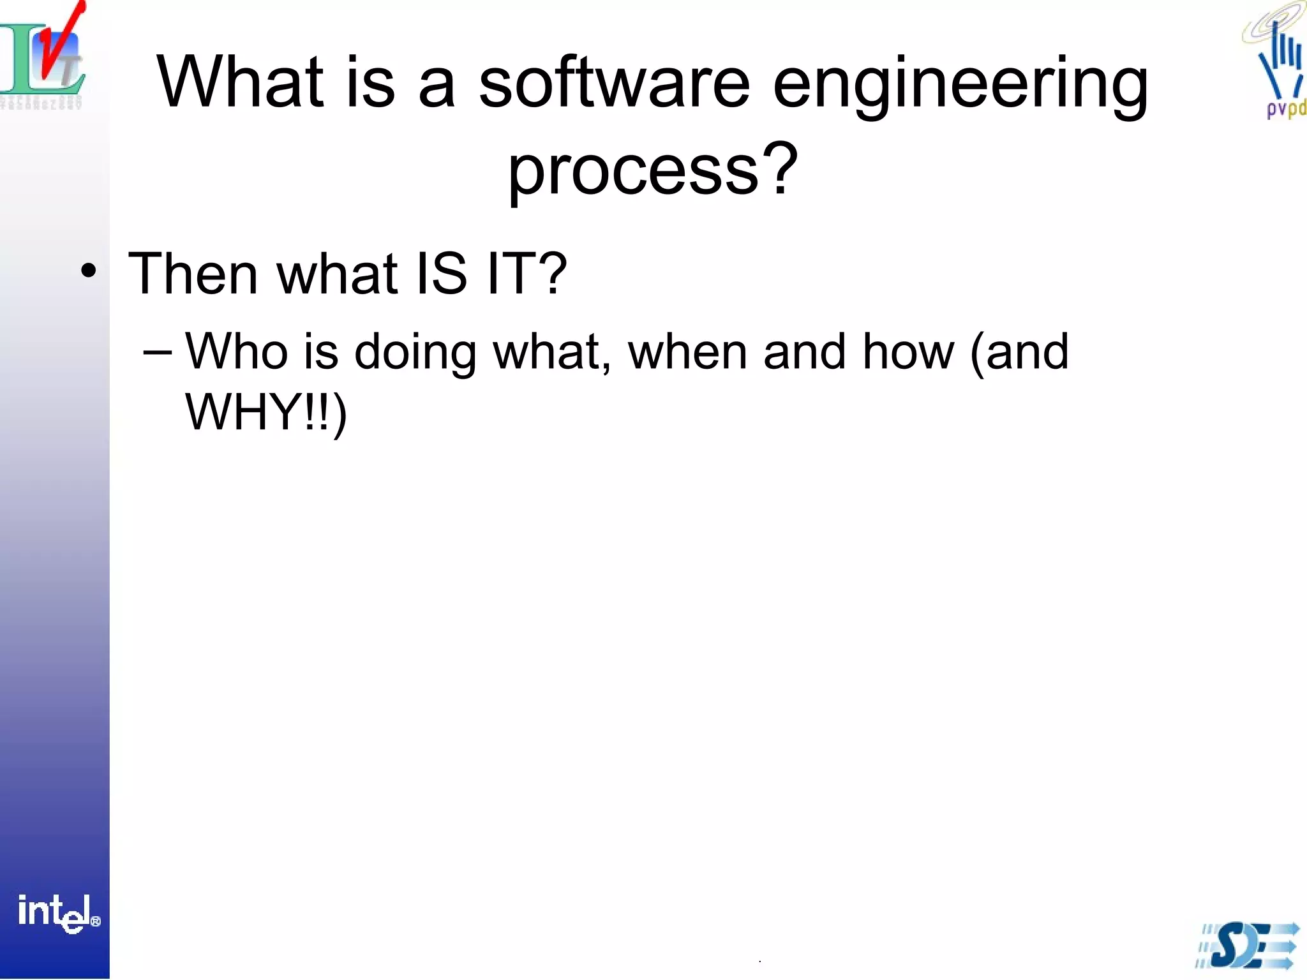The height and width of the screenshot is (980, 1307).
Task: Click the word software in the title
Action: tap(614, 83)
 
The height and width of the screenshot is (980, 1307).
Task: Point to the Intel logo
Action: tap(57, 914)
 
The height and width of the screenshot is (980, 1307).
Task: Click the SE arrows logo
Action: tap(1247, 945)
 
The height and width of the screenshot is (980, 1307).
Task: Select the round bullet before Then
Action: tap(89, 271)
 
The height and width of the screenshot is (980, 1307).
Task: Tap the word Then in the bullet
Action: tap(192, 274)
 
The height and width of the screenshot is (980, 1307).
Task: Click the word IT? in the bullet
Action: tap(527, 274)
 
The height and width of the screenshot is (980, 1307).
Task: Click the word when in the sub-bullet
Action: tap(687, 352)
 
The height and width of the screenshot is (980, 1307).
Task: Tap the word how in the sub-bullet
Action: tap(908, 352)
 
